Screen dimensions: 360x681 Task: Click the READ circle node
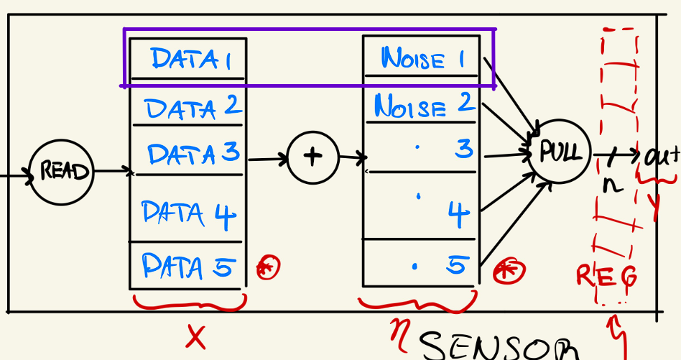[x=62, y=172]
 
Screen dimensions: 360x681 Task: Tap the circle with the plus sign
[x=312, y=157]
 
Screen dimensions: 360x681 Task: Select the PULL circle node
[x=559, y=152]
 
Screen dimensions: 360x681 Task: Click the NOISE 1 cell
[x=422, y=57]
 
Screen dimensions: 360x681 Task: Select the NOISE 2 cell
[x=423, y=106]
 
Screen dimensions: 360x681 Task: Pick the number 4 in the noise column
[x=459, y=213]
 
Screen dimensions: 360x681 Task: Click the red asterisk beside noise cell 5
[x=509, y=271]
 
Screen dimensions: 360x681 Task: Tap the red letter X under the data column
[x=195, y=336]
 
